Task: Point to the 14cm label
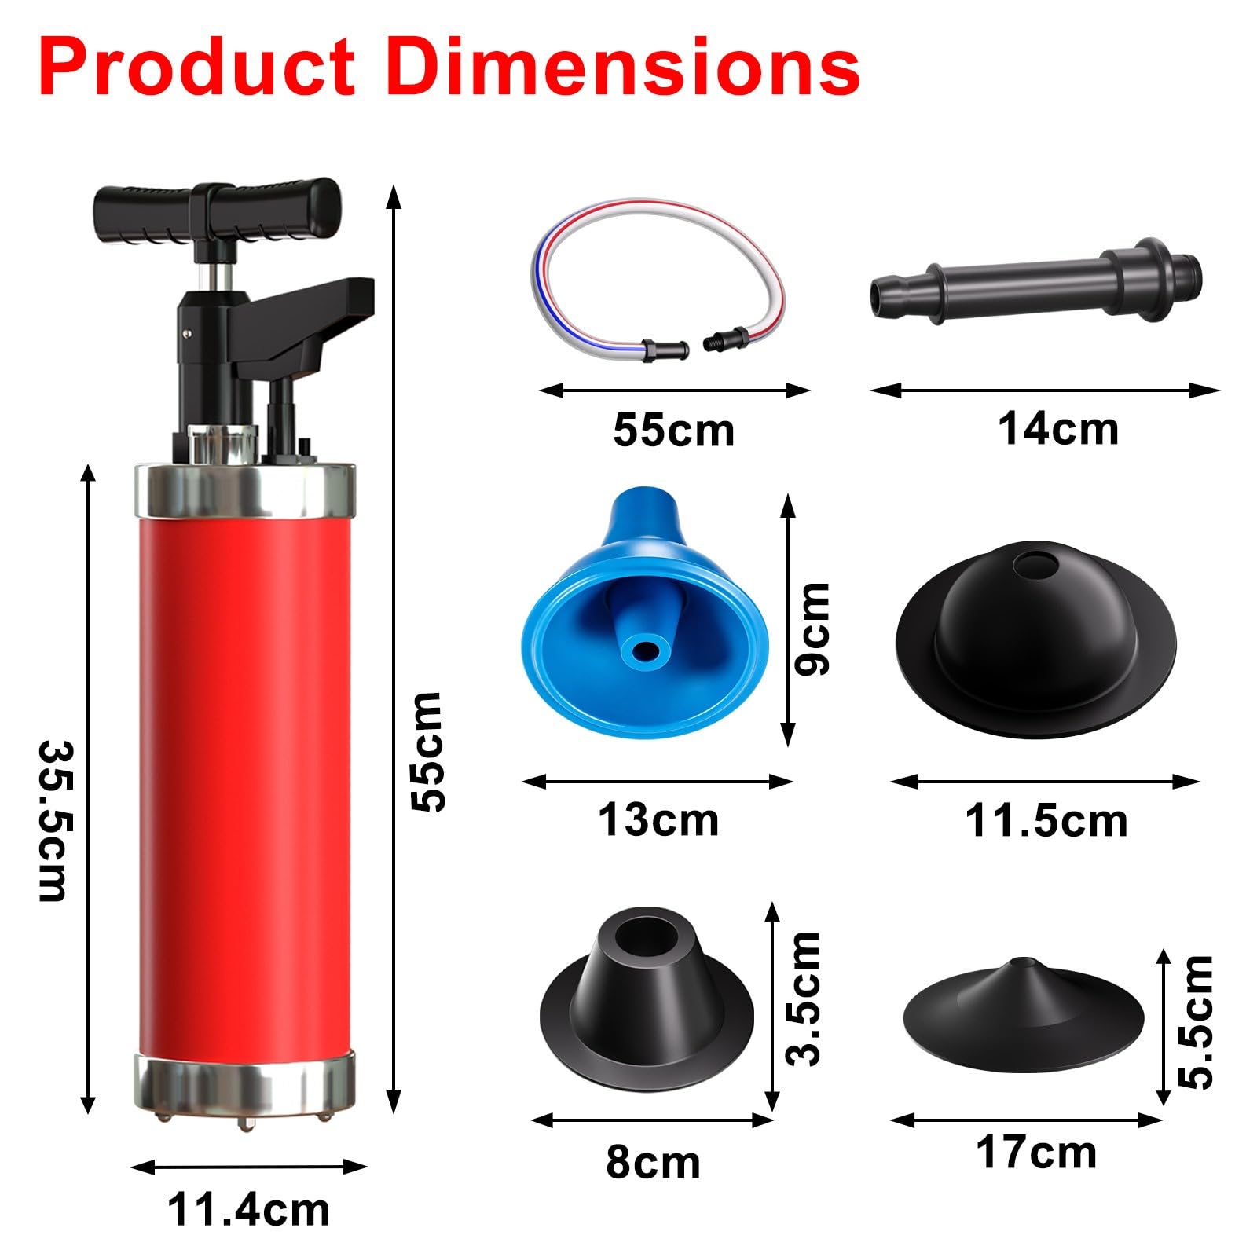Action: pos(1058,429)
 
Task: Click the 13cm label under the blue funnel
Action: pos(658,819)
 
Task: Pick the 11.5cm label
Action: pos(1046,821)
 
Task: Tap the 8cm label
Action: pos(653,1162)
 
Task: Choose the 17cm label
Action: pos(1036,1153)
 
